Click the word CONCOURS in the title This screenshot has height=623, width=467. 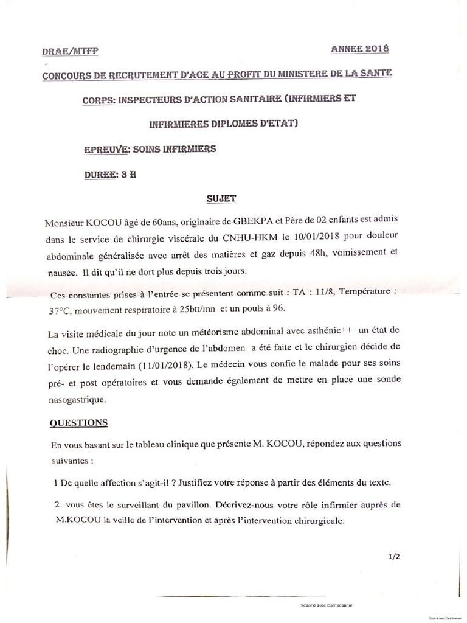click(x=71, y=75)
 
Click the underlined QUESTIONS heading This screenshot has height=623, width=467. click(x=79, y=423)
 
